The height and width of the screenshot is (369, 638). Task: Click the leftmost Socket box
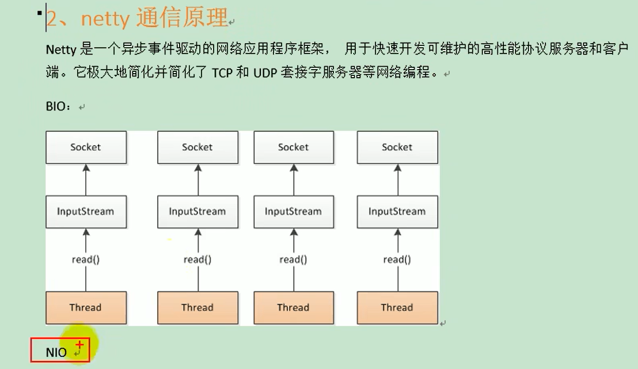(x=86, y=147)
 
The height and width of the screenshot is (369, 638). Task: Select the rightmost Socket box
(x=397, y=147)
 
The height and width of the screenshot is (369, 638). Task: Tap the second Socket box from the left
(x=198, y=147)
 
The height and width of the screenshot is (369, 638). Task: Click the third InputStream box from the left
(x=293, y=211)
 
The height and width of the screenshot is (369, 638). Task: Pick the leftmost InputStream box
(x=86, y=211)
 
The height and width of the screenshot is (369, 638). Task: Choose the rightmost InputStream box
(x=397, y=211)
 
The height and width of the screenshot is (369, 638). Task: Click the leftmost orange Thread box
(x=86, y=307)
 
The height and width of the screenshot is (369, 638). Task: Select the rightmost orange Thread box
(x=397, y=307)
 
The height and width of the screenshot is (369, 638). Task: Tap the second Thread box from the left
(x=198, y=307)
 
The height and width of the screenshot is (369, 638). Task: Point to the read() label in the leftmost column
(x=86, y=260)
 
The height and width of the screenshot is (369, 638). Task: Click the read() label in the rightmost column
(x=397, y=260)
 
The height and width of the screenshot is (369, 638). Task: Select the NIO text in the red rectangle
(x=56, y=352)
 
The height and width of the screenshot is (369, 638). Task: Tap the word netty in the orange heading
(x=105, y=19)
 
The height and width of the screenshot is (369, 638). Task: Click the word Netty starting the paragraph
(x=61, y=50)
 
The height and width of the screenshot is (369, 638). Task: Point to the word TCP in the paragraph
(x=223, y=73)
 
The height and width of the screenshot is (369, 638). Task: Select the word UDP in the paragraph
(x=264, y=73)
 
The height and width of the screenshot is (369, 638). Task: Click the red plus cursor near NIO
(x=79, y=344)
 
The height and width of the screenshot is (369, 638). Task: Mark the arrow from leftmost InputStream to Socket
(x=86, y=179)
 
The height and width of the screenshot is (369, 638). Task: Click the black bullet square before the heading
(x=40, y=12)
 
